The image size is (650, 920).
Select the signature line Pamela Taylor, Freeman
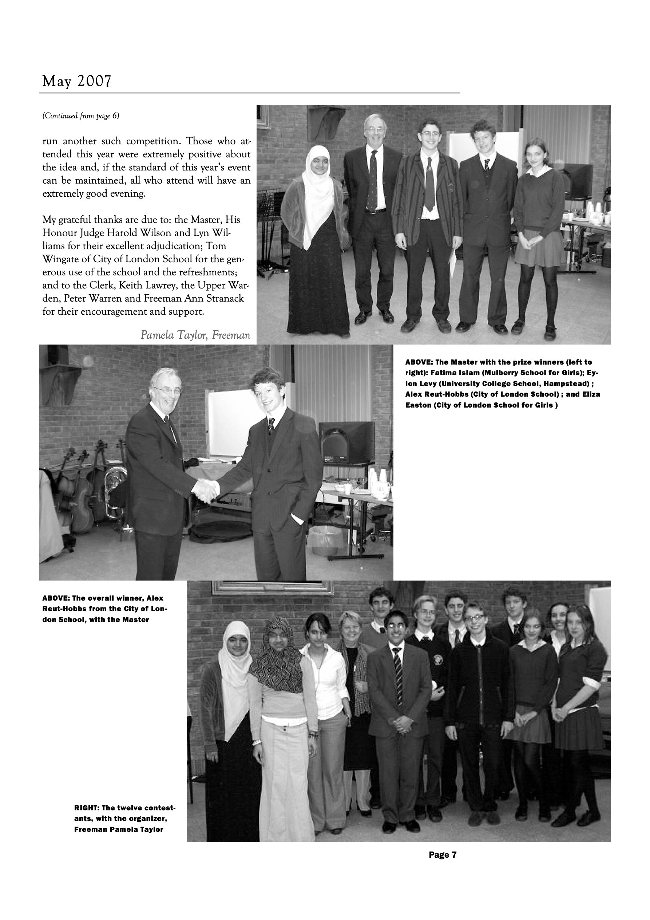point(195,335)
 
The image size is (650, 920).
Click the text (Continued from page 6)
point(80,116)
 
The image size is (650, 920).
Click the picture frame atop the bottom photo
point(272,587)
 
